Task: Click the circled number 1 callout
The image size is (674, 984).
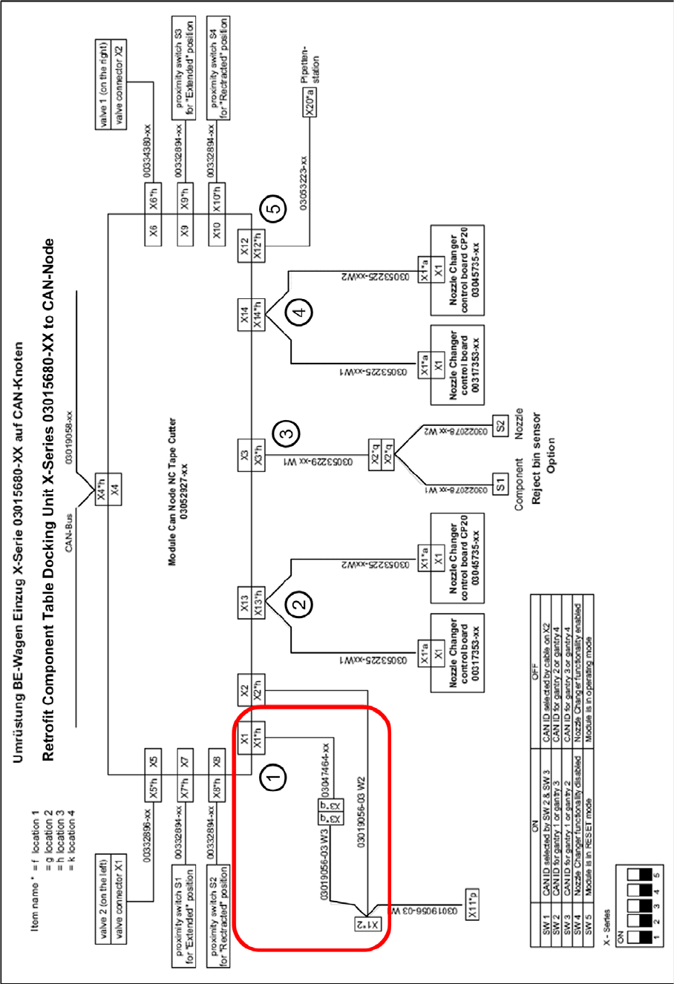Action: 274,778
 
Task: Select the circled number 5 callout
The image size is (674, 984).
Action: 274,209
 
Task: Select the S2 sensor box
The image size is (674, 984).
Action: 501,426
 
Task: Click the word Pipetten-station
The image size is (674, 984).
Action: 311,71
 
